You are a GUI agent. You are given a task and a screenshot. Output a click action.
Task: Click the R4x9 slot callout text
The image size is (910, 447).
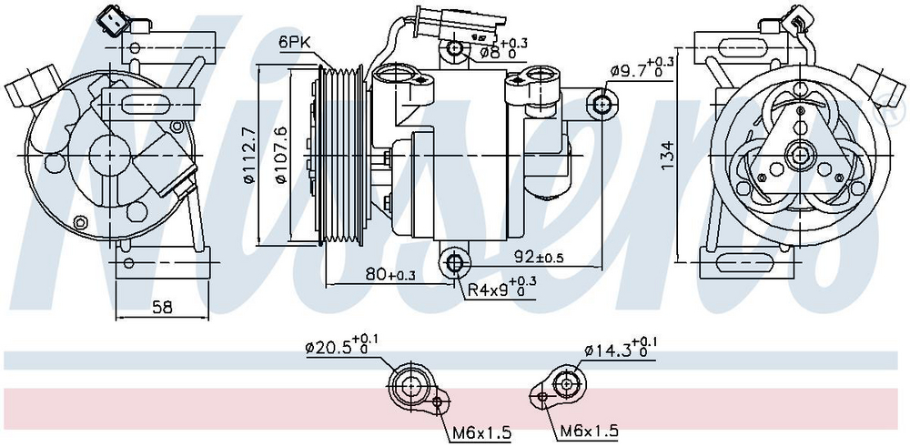(502, 289)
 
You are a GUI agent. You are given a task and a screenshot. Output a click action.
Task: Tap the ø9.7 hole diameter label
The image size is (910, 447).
(642, 68)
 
